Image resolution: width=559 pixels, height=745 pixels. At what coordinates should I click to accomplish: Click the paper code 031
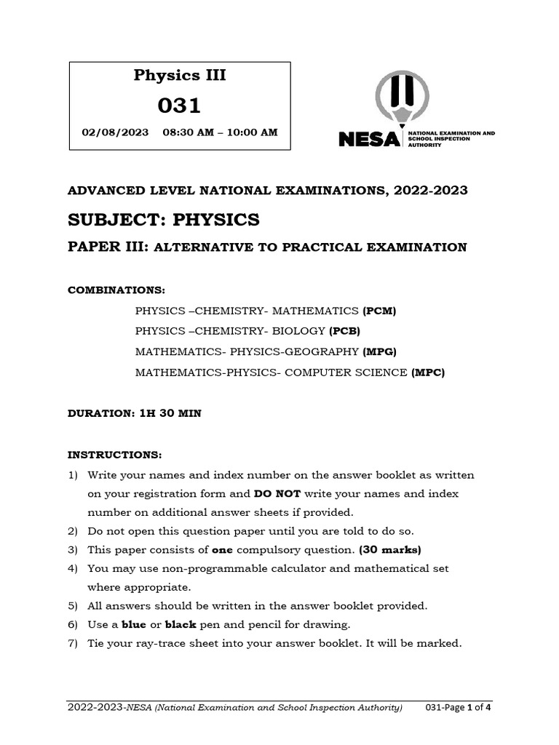click(x=179, y=105)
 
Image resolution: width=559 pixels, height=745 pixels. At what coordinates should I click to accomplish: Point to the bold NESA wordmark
click(x=370, y=138)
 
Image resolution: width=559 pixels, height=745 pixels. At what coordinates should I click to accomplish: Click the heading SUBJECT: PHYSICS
click(x=163, y=219)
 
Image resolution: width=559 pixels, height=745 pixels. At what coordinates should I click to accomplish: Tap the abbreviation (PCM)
click(x=379, y=311)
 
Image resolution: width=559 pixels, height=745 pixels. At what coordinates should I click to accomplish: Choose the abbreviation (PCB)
click(x=344, y=331)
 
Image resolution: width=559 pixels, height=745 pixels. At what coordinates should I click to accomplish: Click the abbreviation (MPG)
click(x=379, y=351)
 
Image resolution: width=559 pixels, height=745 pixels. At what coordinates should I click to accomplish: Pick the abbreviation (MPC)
click(x=427, y=372)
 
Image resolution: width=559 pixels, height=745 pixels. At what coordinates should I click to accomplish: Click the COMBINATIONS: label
click(x=116, y=290)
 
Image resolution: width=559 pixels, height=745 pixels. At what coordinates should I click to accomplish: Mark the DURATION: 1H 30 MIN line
click(x=134, y=413)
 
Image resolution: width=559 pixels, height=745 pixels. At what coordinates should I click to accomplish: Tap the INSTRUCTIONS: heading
click(x=114, y=455)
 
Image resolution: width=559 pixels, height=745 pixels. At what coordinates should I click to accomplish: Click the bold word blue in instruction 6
click(x=134, y=624)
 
